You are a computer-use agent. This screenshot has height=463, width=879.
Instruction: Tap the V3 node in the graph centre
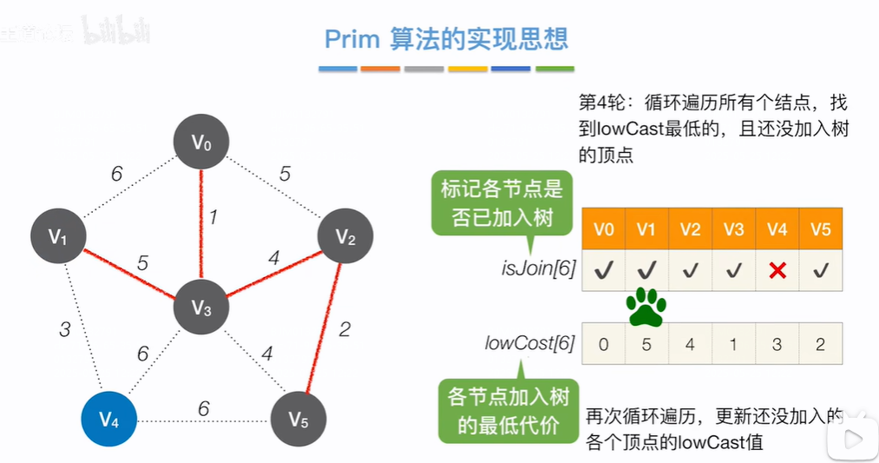[201, 307]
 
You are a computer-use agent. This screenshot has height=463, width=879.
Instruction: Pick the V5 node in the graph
[298, 421]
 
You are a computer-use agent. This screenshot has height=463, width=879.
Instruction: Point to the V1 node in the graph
[57, 236]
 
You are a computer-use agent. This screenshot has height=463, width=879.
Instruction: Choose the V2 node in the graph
[344, 235]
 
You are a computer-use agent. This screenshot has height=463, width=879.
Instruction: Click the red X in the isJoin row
[777, 271]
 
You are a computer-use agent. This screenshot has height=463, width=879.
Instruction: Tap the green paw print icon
[646, 307]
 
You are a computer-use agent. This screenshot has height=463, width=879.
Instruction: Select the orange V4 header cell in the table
[777, 229]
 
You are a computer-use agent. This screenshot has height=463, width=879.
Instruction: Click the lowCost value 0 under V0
[603, 344]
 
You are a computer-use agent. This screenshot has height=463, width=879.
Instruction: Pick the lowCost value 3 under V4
[777, 344]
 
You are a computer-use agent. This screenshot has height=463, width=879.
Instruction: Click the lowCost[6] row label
[529, 344]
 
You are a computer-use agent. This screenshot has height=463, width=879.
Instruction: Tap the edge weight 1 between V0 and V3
[212, 216]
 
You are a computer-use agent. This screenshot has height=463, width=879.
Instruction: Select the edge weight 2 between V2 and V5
[344, 328]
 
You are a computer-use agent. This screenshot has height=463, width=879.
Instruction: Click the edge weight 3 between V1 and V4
[64, 330]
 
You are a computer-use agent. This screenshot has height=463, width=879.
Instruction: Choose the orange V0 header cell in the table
[603, 229]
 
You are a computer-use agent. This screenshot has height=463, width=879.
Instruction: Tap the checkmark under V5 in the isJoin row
[820, 271]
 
